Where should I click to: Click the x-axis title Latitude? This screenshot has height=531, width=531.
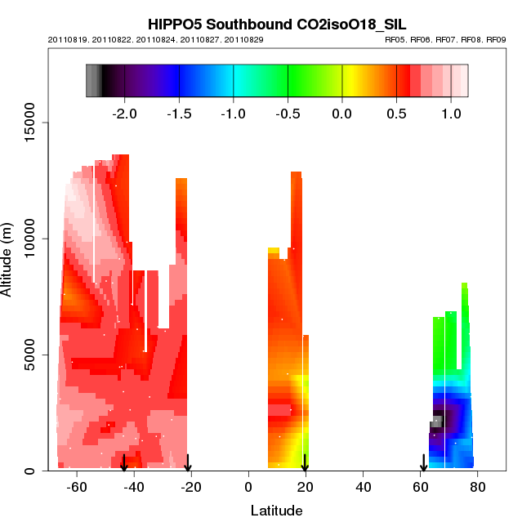click(276, 511)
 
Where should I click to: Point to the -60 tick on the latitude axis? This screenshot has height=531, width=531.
click(77, 487)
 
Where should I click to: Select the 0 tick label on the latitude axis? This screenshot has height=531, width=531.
click(248, 487)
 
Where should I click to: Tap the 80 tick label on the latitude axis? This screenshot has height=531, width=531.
click(478, 487)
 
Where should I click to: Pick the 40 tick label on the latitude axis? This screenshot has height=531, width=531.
click(363, 487)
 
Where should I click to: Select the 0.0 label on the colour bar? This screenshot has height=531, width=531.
click(342, 112)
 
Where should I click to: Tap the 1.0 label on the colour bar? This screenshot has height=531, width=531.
click(451, 112)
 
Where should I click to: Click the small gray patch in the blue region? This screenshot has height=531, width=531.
click(436, 422)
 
